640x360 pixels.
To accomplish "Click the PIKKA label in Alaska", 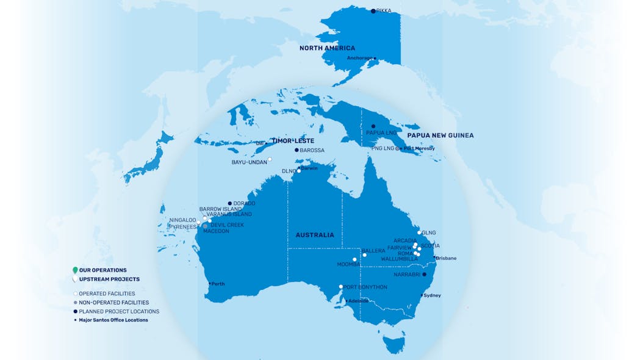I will click(384, 11).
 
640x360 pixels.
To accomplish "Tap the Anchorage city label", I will click(359, 58).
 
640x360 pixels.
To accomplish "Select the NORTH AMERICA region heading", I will click(326, 48).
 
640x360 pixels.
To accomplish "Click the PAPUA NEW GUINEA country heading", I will click(440, 135).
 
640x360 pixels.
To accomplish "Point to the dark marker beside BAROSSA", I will click(297, 150).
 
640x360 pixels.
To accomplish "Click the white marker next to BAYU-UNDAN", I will click(270, 159).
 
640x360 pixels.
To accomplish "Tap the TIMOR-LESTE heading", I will click(293, 141).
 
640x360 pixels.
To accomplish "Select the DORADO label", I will click(245, 203).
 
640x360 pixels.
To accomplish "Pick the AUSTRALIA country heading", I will click(315, 235).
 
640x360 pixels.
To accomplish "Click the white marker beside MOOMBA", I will click(354, 259).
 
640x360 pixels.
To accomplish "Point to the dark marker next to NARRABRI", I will click(425, 275).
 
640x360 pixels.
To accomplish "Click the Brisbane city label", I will click(446, 258).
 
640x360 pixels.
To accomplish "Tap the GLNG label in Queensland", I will click(429, 232).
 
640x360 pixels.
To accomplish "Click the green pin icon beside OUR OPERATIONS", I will click(75, 270).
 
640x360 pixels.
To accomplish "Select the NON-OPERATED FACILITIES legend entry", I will click(113, 303).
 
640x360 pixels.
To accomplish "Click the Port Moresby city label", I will click(419, 148).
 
